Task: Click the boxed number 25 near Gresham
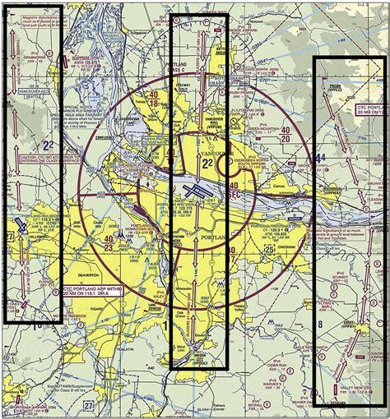point(269,251)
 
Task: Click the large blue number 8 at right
point(320,326)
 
